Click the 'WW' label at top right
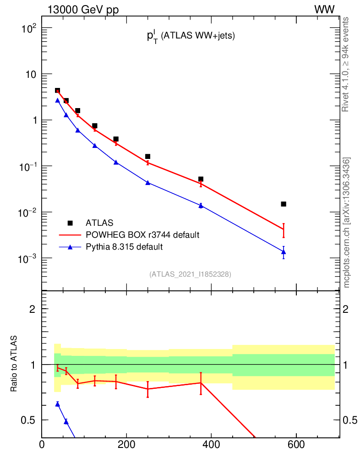pos(324,10)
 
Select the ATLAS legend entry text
pos(99,223)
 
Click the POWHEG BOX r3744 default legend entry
pos(142,235)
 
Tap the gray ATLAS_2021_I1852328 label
pos(190,274)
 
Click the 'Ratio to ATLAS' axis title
pos(14,364)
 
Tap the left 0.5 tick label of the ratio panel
pos(27,420)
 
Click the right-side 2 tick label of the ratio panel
pos(347,309)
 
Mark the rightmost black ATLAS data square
pos(284,204)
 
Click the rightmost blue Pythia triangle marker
pos(284,252)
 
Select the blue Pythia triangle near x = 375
pos(201,205)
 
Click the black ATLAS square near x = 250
pos(147,157)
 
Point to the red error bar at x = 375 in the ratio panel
pos(201,383)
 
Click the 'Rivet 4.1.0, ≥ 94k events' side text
pos(346,64)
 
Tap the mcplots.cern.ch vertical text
pos(347,222)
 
